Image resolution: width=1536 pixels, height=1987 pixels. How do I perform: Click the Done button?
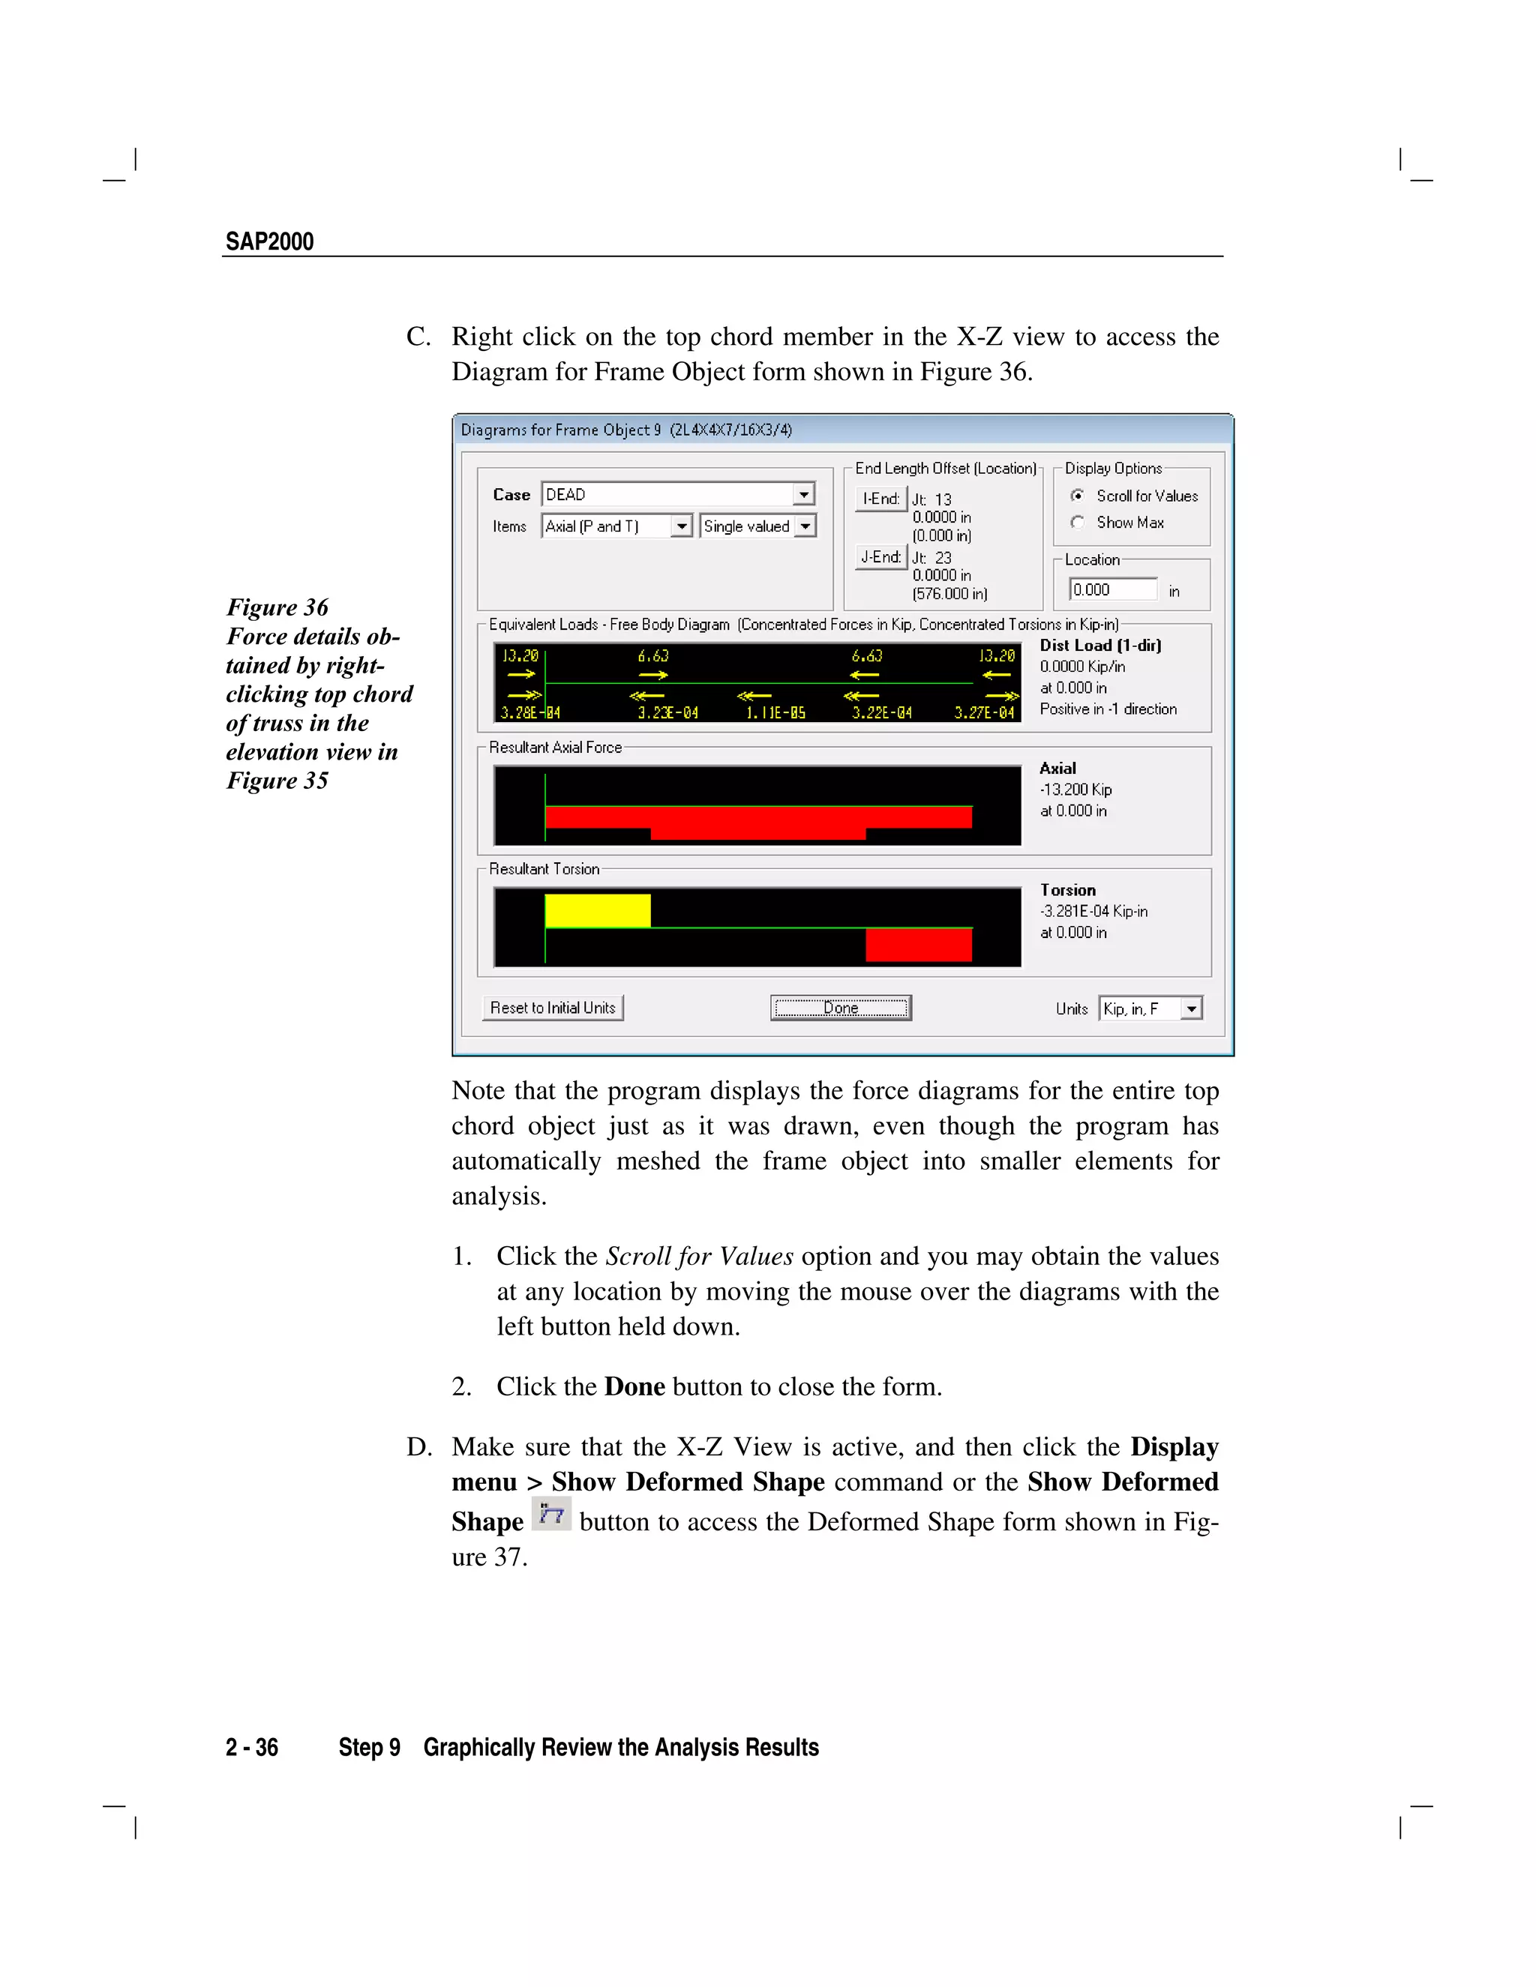pos(840,1007)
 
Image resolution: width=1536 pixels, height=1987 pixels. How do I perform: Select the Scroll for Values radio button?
pos(1078,496)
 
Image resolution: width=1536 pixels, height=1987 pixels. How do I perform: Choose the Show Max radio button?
pos(1078,522)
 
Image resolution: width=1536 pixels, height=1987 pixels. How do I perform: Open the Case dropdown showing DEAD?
pos(803,494)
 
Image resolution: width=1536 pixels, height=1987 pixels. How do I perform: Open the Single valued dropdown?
pos(805,526)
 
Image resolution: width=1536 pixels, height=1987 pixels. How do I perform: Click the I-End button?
pos(880,499)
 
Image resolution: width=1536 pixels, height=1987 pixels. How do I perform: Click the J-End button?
pos(880,557)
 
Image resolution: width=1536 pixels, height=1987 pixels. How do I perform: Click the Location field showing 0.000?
pos(1112,589)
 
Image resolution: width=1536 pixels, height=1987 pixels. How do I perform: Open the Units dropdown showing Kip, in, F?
pos(1190,1008)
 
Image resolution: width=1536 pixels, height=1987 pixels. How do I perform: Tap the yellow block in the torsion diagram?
pos(597,911)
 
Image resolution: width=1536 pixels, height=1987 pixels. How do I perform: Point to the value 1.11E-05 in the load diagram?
pos(775,713)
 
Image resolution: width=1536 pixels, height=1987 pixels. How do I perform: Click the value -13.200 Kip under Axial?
pos(1075,790)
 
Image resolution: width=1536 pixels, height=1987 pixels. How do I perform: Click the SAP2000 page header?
pos(269,242)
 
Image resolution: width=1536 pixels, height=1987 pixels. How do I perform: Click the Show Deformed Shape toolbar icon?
pos(551,1514)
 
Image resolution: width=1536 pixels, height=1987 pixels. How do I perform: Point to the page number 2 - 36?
pos(252,1748)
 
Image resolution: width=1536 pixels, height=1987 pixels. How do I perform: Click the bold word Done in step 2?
pos(634,1386)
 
